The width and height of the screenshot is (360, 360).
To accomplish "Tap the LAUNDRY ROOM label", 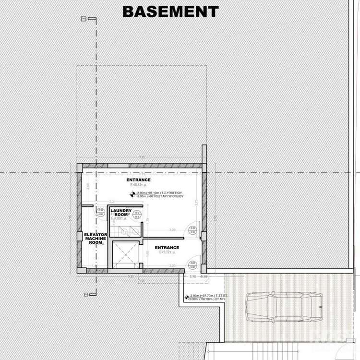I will pos(121,212).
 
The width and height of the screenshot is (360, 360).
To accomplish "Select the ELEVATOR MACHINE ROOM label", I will pos(95,239).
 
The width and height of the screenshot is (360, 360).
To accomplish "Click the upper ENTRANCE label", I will pos(139,180).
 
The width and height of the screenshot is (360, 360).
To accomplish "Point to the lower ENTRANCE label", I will pos(167,248).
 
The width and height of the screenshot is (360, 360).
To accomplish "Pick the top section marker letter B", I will pos(84,20).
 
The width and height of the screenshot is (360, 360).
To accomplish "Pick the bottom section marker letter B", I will pos(85,294).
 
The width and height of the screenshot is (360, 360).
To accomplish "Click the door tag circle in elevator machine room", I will pos(101,213).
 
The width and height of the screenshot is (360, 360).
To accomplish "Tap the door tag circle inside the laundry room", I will pos(136,215).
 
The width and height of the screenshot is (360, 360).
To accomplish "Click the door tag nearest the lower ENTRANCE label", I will pos(192,264).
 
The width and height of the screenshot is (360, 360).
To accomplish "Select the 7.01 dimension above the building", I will pos(141,157).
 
